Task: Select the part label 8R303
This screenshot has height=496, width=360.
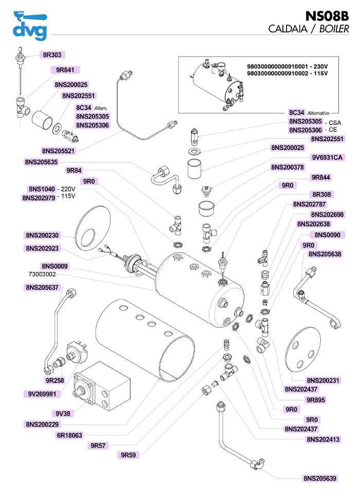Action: [x=53, y=54]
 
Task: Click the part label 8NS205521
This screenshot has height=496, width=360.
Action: [x=58, y=151]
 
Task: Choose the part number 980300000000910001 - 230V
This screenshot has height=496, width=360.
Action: [x=287, y=67]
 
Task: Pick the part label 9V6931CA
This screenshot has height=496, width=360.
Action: [x=327, y=157]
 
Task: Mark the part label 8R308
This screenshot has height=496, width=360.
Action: [x=322, y=195]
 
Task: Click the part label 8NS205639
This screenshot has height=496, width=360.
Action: [x=320, y=479]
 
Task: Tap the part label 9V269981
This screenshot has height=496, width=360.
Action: [x=43, y=394]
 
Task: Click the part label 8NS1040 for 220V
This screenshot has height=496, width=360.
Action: [x=42, y=189]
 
